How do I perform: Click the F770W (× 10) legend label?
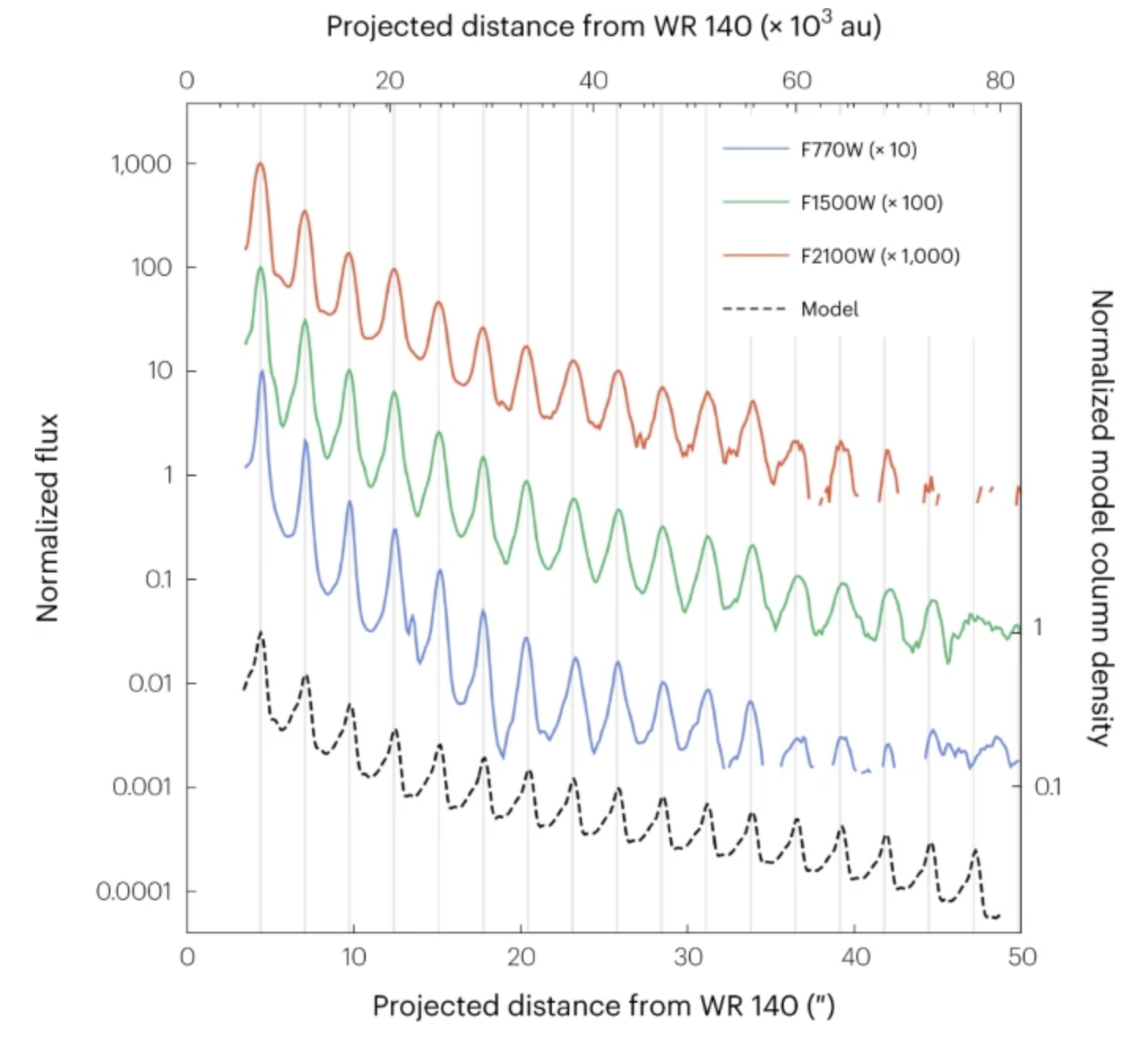(859, 150)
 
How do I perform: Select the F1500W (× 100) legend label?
(871, 203)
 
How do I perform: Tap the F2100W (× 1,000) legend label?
(880, 255)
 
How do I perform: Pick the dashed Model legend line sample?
(754, 309)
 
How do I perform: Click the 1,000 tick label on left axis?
(141, 164)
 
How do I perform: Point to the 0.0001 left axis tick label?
(133, 892)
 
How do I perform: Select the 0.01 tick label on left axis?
(150, 683)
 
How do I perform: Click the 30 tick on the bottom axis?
(687, 957)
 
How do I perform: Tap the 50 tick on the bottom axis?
(1022, 957)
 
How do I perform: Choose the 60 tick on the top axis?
(796, 80)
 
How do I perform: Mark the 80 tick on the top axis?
(1000, 80)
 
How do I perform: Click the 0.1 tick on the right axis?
(1048, 787)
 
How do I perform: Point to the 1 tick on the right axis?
(1038, 627)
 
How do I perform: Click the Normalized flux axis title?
(47, 518)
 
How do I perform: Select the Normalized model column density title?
(1101, 518)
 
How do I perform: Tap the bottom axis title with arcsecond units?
(603, 1006)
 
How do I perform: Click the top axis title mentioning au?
(603, 27)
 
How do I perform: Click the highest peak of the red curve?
(260, 164)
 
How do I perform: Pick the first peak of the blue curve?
(262, 371)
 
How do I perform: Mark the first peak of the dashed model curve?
(261, 633)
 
